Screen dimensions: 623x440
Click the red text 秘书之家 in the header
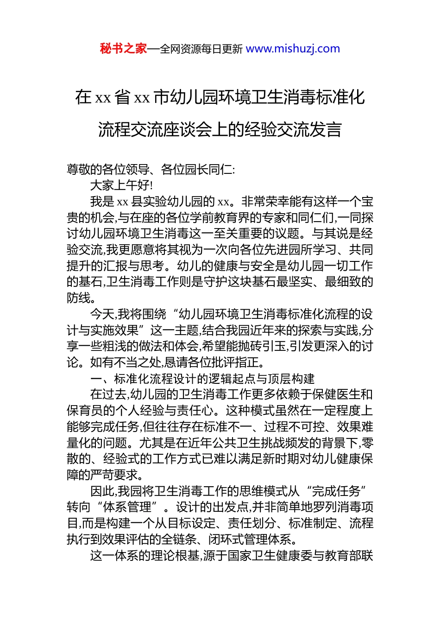click(123, 49)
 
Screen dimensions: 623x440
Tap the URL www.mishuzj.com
click(293, 49)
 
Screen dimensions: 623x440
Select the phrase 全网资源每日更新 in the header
click(201, 49)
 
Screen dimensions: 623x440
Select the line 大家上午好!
click(121, 185)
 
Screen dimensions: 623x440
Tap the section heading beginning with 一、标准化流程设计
click(202, 379)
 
